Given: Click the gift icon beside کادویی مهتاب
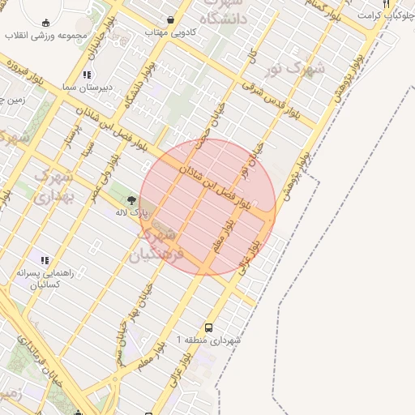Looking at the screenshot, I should (x=170, y=20).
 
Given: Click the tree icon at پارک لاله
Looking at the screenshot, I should (x=131, y=199).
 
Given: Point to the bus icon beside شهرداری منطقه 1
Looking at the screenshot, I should (x=209, y=328).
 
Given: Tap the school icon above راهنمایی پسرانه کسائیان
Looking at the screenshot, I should (x=45, y=261).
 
